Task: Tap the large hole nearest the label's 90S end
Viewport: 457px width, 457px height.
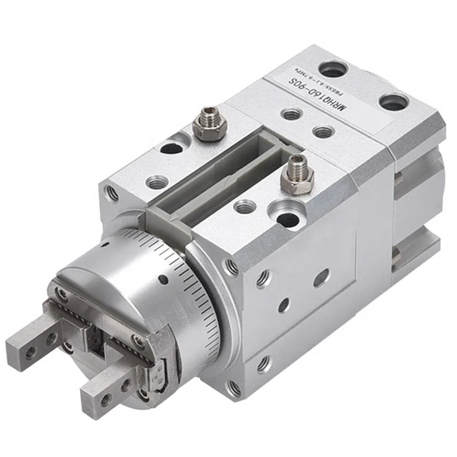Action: (x=333, y=70)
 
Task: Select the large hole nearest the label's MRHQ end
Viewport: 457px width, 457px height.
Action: (x=394, y=103)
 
